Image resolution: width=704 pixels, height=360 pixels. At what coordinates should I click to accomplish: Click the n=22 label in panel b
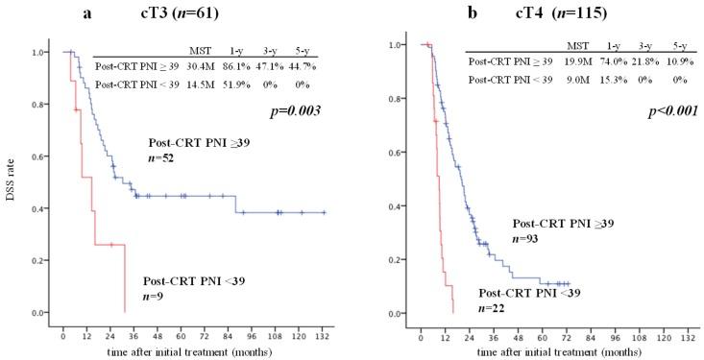[x=493, y=308]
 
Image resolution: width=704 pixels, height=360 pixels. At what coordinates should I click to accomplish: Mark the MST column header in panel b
[x=577, y=44]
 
